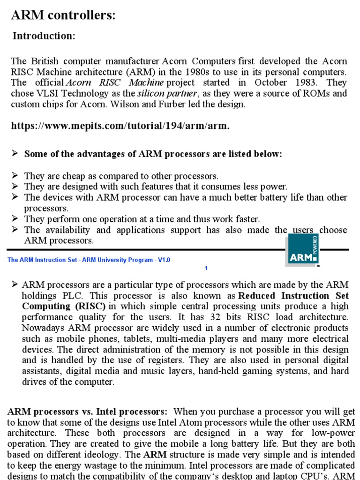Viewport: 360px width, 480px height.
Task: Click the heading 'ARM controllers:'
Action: tap(63, 15)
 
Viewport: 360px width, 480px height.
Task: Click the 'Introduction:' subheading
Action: tap(44, 36)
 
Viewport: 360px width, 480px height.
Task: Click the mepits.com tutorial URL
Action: tap(120, 126)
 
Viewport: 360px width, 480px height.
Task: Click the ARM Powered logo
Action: tap(303, 251)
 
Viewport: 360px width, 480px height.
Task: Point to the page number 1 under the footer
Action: tap(206, 268)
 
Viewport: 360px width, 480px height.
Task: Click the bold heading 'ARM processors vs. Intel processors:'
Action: tap(88, 412)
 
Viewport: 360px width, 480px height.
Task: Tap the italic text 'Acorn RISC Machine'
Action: tap(114, 82)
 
